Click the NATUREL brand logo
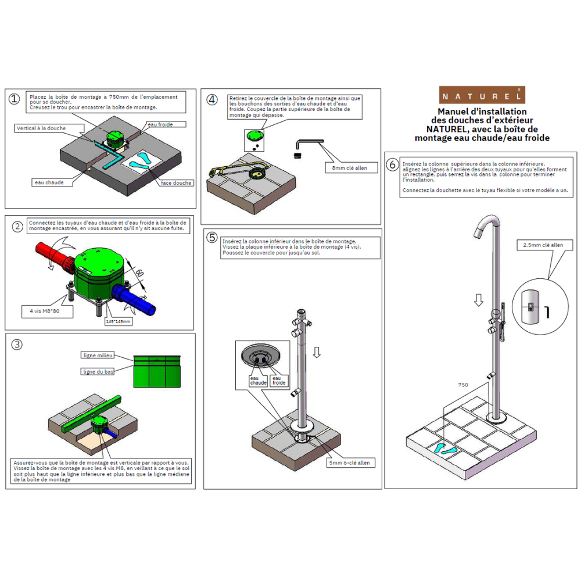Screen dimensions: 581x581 (x=482, y=95)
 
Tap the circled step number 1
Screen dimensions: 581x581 (x=15, y=99)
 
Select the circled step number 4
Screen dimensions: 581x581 (x=212, y=99)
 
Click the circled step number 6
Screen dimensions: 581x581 (x=392, y=165)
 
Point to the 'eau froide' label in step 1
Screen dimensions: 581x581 (x=159, y=124)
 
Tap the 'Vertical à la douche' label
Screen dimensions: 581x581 (x=41, y=128)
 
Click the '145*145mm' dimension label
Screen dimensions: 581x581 (x=119, y=321)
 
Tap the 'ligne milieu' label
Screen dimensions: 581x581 (x=98, y=355)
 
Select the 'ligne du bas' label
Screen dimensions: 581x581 (x=98, y=371)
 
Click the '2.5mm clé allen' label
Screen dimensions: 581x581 (x=543, y=245)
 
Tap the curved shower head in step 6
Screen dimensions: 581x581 (x=486, y=227)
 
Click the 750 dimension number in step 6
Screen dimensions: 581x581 (x=463, y=385)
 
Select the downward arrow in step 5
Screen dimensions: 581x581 (x=316, y=352)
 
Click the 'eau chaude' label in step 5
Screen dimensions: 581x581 (x=259, y=381)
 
